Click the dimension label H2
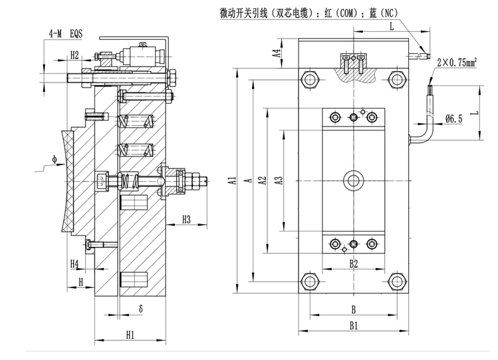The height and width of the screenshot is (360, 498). point(74,54)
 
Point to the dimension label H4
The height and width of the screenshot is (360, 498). point(75,264)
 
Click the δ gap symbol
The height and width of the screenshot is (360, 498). point(141,309)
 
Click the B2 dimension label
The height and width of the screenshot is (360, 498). point(354,264)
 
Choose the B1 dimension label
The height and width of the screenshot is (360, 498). point(354,325)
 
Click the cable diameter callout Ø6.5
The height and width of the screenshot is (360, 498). point(454,118)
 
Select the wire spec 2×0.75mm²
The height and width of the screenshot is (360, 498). point(459,62)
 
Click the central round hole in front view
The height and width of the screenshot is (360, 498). point(352,180)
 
